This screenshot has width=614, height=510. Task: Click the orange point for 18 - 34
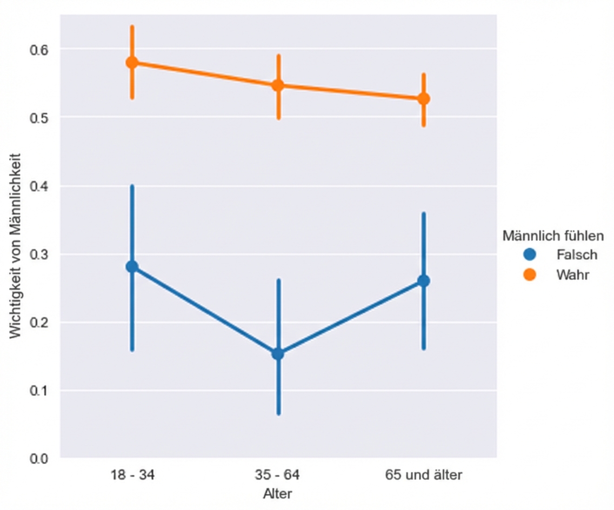pos(132,63)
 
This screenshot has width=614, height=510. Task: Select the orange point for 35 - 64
pos(278,85)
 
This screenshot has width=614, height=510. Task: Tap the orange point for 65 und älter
pos(424,99)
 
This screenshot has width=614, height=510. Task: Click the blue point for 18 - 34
pos(132,266)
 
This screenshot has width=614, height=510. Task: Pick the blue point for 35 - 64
pos(278,354)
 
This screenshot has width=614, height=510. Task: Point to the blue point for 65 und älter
pos(424,281)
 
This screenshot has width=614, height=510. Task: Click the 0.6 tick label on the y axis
pos(38,50)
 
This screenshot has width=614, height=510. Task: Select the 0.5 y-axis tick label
pos(38,118)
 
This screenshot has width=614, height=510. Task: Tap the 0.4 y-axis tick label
pos(38,186)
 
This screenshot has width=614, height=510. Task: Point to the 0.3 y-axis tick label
pos(38,254)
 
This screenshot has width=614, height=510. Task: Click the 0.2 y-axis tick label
pos(38,323)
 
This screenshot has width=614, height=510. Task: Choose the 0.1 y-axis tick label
pos(38,391)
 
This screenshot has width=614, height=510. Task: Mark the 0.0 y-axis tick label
pos(38,459)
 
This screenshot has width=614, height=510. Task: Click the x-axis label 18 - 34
pos(132,475)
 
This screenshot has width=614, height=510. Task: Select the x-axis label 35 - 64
pos(278,475)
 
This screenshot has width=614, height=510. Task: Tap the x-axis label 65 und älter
pos(424,475)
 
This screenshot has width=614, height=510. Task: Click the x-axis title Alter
pos(278,493)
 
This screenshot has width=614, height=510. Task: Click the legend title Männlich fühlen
pos(553,236)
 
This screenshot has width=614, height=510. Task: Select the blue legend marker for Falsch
pos(530,254)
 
